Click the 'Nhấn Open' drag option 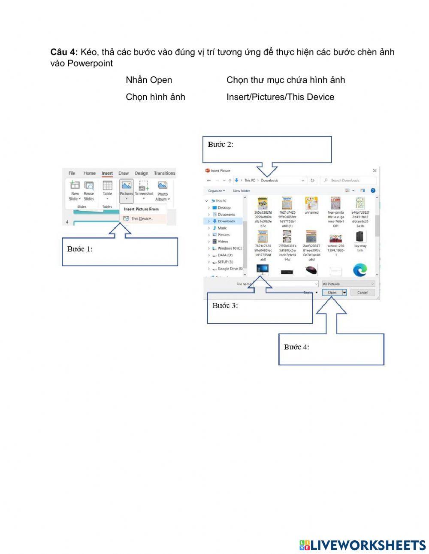click(x=148, y=80)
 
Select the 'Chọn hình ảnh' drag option click(x=155, y=97)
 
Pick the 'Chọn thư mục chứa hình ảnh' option click(x=285, y=80)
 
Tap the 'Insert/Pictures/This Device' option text click(x=280, y=97)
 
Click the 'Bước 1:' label click(x=80, y=249)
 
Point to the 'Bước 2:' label click(x=221, y=144)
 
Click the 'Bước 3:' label click(x=225, y=306)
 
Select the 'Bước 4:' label click(x=296, y=347)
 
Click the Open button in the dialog click(x=332, y=292)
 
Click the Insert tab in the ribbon click(x=107, y=173)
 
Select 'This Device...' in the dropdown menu click(x=141, y=218)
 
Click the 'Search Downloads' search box click(x=349, y=180)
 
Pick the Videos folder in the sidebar click(x=223, y=241)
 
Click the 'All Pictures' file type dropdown click(x=348, y=284)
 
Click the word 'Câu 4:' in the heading click(x=64, y=52)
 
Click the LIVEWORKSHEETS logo click(x=363, y=545)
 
